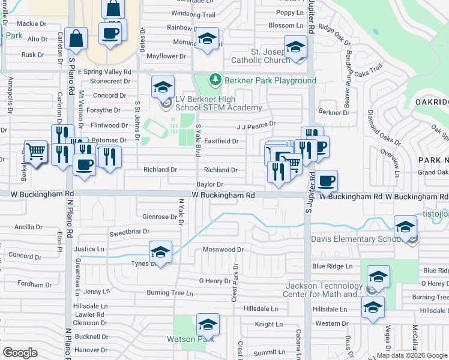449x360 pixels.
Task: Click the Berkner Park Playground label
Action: pyautogui.click(x=270, y=80)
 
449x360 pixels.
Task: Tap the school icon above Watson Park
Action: pyautogui.click(x=208, y=325)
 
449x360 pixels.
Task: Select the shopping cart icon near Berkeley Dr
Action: pyautogui.click(x=36, y=152)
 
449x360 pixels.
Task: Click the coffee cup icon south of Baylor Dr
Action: pyautogui.click(x=327, y=181)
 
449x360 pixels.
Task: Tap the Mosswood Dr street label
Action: pyautogui.click(x=223, y=250)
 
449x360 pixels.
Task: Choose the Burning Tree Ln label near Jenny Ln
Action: pyautogui.click(x=170, y=293)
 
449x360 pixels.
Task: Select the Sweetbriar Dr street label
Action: pyautogui.click(x=128, y=232)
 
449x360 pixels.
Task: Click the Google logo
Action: pyautogui.click(x=20, y=353)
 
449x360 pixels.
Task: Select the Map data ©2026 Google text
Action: pyautogui.click(x=411, y=355)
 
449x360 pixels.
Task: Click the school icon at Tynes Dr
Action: pyautogui.click(x=160, y=251)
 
